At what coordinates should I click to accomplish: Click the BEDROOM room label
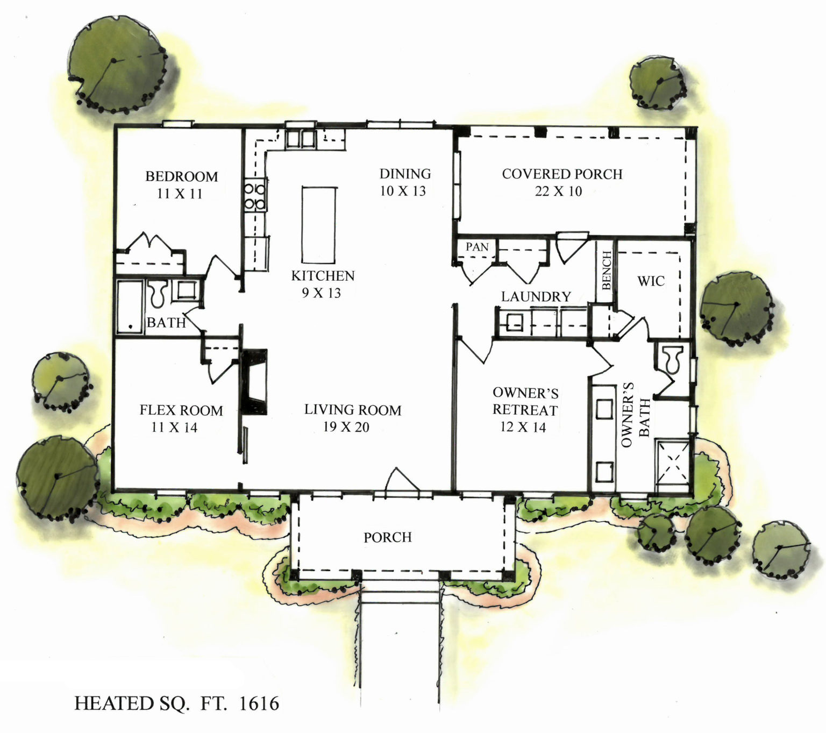point(181,176)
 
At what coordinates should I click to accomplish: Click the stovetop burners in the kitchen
point(255,196)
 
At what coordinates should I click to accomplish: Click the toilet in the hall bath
point(158,293)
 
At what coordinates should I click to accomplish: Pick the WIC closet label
point(651,281)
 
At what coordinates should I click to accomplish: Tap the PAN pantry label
point(477,247)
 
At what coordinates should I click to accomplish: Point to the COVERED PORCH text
point(562,174)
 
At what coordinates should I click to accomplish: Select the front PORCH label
point(387,537)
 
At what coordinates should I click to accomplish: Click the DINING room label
point(405,174)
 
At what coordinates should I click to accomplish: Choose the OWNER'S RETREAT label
point(525,402)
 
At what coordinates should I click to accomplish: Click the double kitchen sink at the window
point(300,138)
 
